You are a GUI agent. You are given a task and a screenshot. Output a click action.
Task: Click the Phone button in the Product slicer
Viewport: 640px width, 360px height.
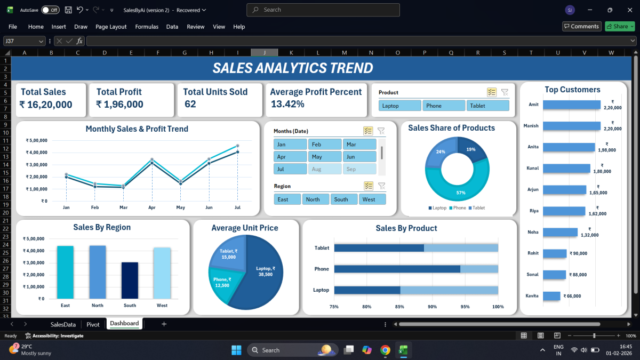pyautogui.click(x=444, y=106)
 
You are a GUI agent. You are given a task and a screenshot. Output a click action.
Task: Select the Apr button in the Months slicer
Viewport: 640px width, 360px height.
pyautogui.click(x=290, y=157)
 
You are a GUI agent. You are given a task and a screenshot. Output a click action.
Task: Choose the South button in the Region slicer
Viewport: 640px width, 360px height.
pyautogui.click(x=345, y=199)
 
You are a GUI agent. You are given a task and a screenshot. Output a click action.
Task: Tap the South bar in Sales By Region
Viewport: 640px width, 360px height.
pyautogui.click(x=130, y=280)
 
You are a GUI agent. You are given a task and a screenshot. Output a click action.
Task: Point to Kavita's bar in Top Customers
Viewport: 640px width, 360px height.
pyautogui.click(x=552, y=295)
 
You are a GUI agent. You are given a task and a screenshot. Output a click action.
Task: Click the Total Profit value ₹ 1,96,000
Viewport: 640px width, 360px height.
pyautogui.click(x=119, y=105)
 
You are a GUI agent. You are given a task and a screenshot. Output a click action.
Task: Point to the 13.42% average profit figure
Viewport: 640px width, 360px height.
pyautogui.click(x=287, y=104)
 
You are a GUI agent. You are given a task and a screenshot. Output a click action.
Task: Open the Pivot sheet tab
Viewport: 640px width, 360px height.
pyautogui.click(x=93, y=324)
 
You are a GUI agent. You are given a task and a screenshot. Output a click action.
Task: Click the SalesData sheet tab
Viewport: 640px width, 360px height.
pyautogui.click(x=63, y=324)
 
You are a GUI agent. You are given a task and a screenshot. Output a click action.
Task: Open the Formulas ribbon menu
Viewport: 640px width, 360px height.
pyautogui.click(x=147, y=27)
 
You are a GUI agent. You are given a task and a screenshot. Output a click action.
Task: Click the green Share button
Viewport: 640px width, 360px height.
pyautogui.click(x=620, y=26)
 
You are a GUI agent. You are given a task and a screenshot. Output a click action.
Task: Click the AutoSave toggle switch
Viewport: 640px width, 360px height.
pyautogui.click(x=50, y=10)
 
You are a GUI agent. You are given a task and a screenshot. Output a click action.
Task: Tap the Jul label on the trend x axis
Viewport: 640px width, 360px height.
pyautogui.click(x=237, y=207)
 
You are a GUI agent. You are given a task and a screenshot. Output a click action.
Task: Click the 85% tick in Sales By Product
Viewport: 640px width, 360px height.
pyautogui.click(x=399, y=307)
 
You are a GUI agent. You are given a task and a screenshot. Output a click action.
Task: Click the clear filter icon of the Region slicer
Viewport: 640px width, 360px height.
pyautogui.click(x=381, y=186)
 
